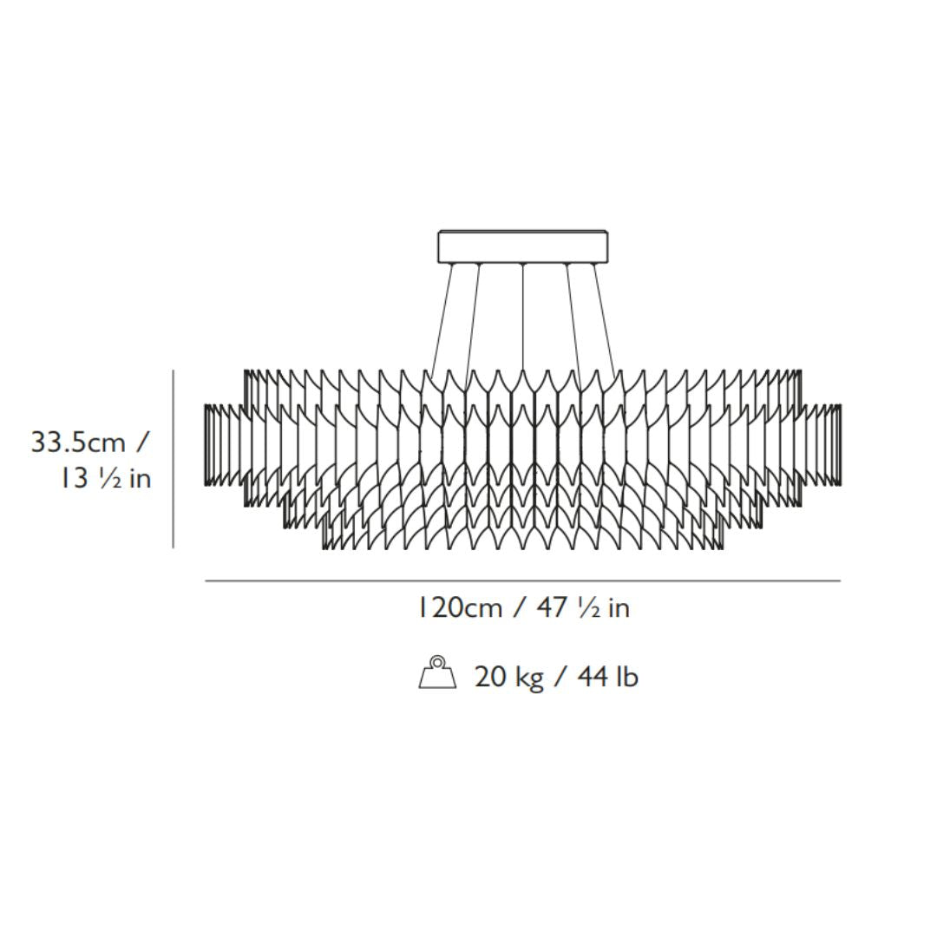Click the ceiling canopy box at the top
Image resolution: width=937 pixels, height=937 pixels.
coord(523,246)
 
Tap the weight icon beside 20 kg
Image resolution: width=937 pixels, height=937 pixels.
coord(437,673)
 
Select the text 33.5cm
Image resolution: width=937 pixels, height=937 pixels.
coord(78,442)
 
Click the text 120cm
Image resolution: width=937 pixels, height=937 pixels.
coord(460,607)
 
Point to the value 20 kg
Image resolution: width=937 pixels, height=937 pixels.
coord(509,678)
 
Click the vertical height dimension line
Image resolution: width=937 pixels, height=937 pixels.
coord(174,459)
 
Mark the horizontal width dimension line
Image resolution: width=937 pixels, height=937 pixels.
coord(523,580)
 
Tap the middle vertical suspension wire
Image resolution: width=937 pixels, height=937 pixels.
coord(523,317)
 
